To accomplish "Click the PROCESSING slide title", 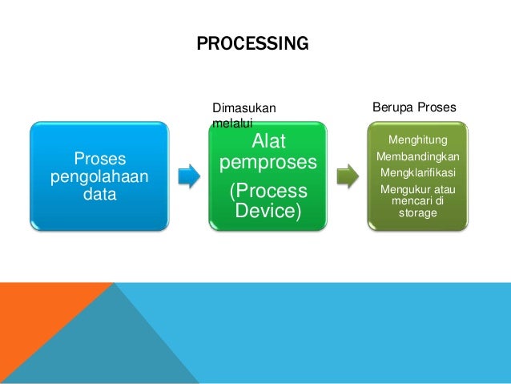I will click(251, 43).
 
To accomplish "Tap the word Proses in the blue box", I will click(99, 159).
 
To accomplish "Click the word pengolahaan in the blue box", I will click(99, 176).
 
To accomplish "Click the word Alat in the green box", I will click(268, 142).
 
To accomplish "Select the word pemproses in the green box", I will click(268, 164).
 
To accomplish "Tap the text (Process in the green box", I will click(268, 192).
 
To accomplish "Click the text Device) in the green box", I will click(268, 211).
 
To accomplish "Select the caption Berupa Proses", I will click(415, 107).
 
